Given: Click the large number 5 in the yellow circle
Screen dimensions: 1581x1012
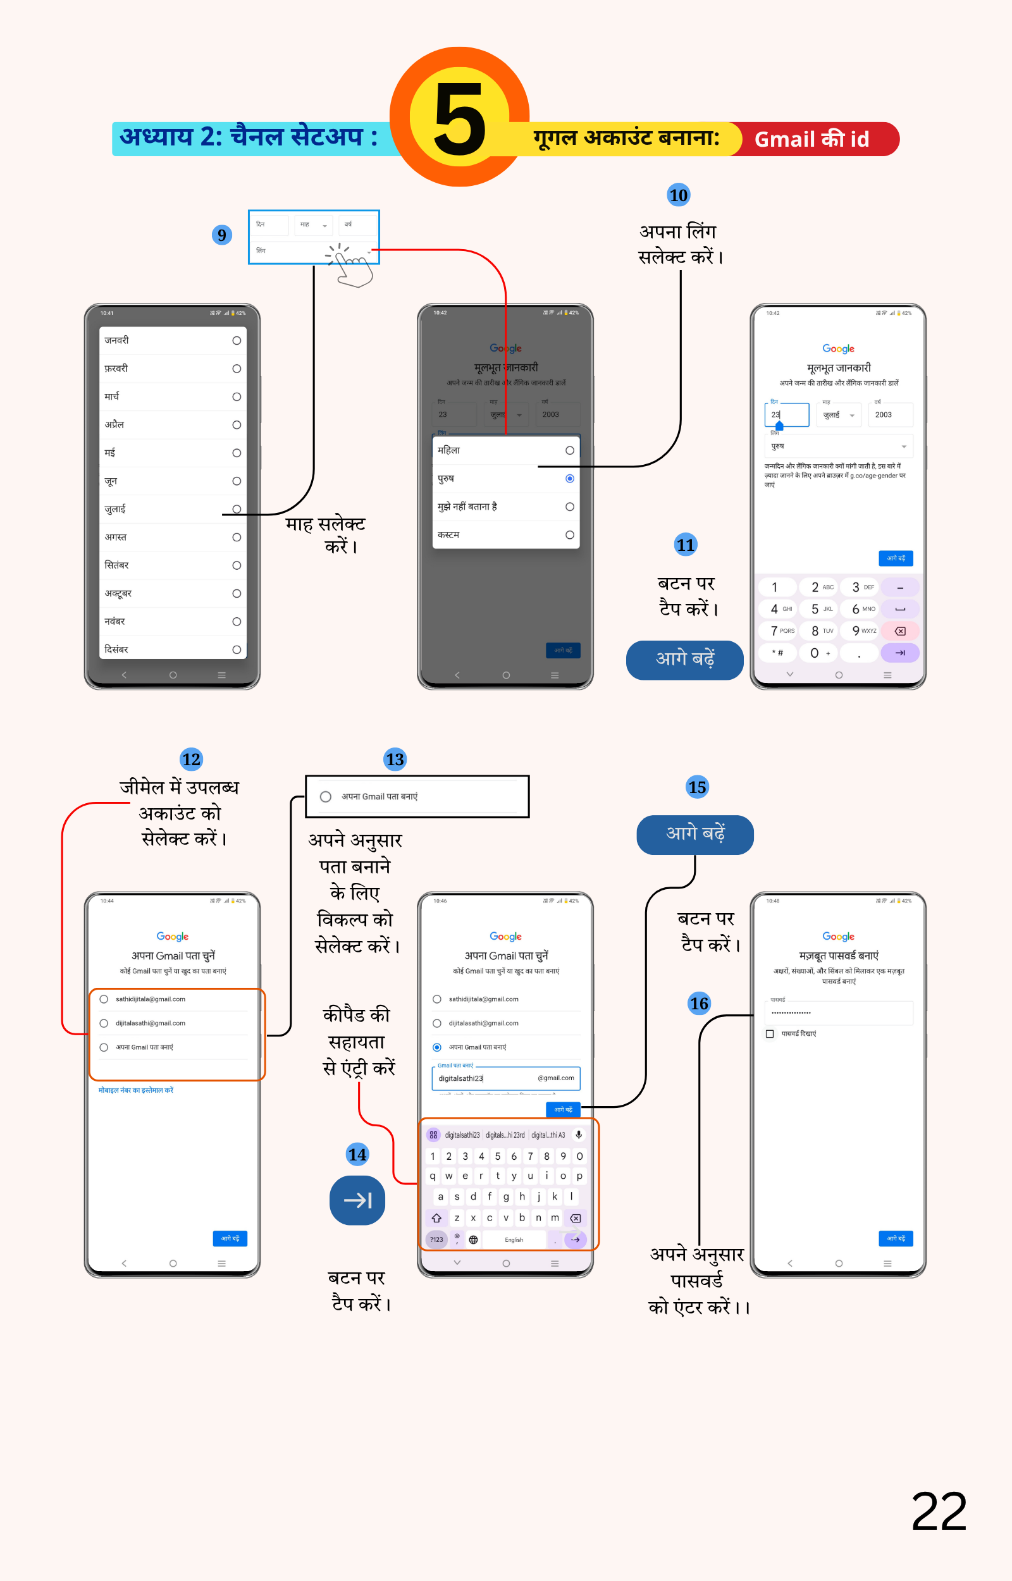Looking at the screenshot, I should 459,118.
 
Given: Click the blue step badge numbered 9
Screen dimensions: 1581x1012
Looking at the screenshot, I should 222,235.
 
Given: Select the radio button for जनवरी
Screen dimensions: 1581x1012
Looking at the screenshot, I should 237,340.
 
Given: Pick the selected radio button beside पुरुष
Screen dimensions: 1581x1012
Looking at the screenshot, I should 570,478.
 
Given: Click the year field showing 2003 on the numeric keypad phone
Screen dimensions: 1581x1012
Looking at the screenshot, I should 890,414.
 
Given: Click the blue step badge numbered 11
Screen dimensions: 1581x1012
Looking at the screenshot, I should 686,544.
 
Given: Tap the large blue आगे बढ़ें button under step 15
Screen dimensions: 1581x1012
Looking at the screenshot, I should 694,834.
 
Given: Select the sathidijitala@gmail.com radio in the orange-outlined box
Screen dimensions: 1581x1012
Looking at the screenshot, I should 104,999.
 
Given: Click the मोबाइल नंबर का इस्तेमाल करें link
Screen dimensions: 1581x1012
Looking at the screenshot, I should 136,1090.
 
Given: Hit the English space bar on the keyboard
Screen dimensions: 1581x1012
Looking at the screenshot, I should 514,1240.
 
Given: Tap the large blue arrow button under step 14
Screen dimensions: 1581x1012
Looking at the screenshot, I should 357,1200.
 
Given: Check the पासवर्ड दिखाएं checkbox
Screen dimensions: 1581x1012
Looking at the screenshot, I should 770,1033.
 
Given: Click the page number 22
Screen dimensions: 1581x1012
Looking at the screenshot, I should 939,1511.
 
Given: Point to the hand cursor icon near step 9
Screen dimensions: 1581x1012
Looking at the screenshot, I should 352,266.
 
